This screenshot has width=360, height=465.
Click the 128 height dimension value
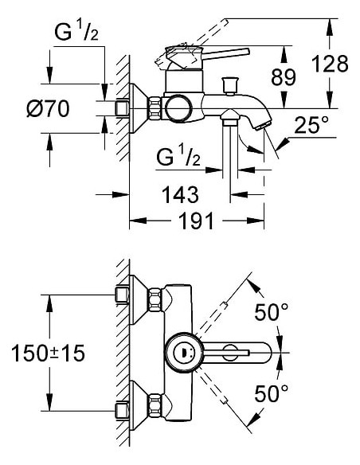[x=331, y=64]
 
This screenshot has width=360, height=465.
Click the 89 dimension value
[x=284, y=77]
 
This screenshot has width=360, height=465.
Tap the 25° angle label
[x=311, y=126]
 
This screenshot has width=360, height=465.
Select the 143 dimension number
[x=180, y=193]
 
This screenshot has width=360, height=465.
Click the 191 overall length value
[x=195, y=221]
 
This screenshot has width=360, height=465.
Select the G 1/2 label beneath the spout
[x=178, y=158]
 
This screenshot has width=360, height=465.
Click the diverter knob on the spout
[x=233, y=83]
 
